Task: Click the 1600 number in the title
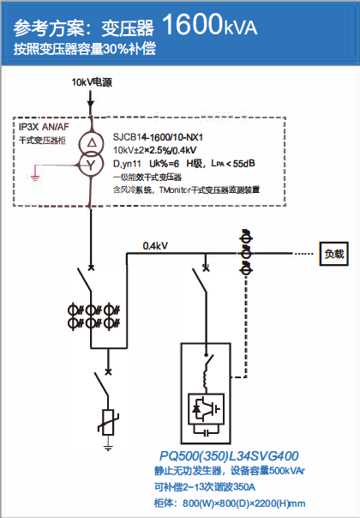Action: coord(191,24)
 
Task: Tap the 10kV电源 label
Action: coord(93,82)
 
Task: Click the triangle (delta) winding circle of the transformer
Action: coord(91,142)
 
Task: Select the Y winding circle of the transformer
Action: coord(91,164)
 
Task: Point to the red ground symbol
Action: coord(35,174)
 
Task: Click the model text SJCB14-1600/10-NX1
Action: coord(158,137)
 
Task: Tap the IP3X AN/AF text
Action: coord(44,127)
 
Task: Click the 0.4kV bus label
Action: coord(155,246)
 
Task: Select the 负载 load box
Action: coord(334,254)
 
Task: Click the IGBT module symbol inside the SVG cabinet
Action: coord(206,408)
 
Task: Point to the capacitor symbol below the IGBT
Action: coord(206,432)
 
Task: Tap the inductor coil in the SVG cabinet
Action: coord(205,380)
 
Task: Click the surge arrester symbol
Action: coord(108,423)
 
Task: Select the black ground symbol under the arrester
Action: coord(108,448)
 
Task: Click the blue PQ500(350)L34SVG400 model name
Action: coord(229,456)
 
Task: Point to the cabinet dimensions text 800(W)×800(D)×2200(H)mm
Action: coord(244,503)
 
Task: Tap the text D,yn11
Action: coord(127,164)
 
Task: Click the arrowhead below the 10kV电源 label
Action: coord(91,103)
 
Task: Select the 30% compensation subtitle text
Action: coord(85,49)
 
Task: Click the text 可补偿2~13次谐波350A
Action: coord(205,487)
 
